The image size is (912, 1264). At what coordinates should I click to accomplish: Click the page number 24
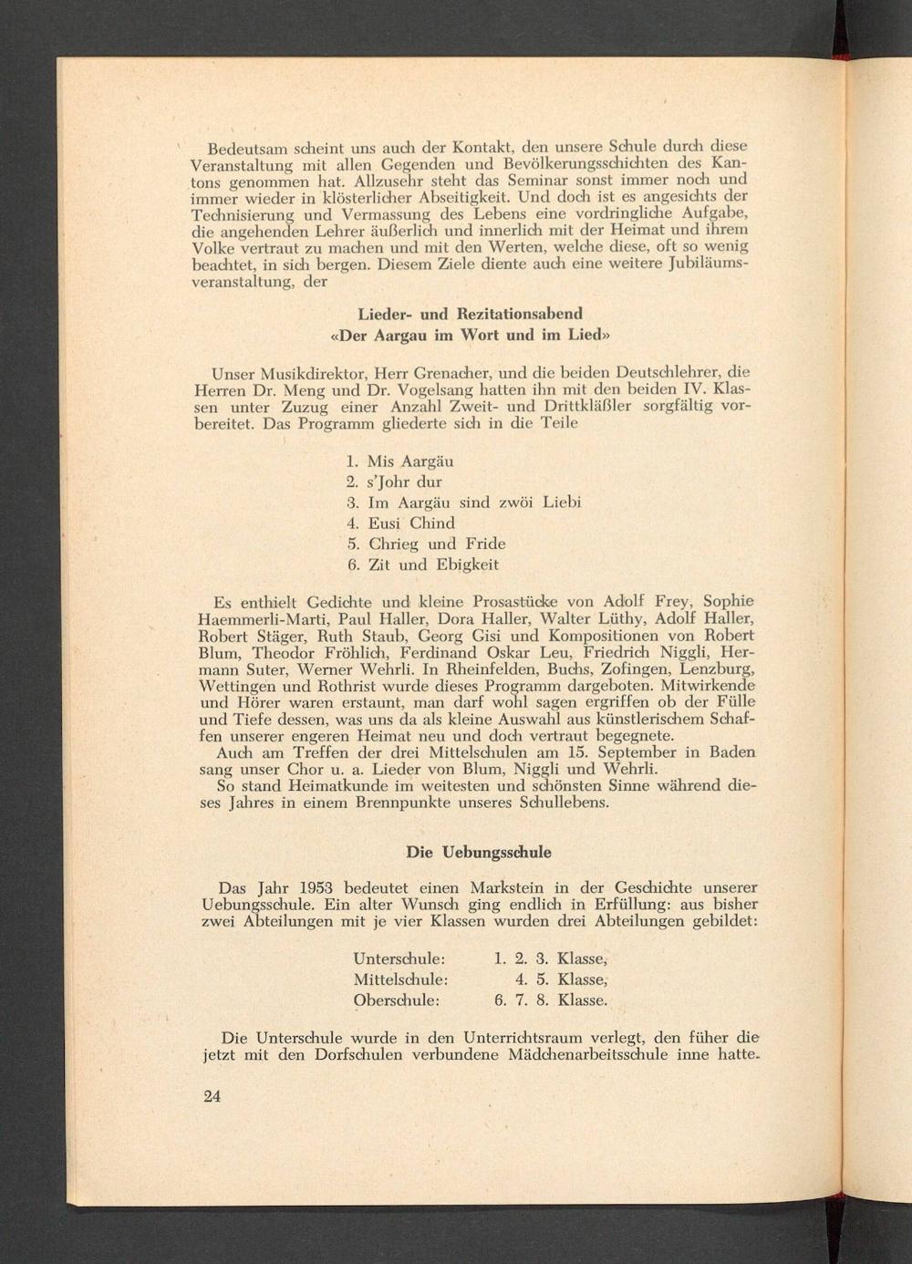coord(212,1096)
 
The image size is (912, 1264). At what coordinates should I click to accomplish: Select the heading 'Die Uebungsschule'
coord(478,853)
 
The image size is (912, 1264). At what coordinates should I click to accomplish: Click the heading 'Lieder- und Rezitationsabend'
coord(470,315)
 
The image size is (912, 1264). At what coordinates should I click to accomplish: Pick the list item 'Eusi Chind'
coord(410,523)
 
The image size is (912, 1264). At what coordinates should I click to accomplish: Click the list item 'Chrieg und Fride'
coord(436,544)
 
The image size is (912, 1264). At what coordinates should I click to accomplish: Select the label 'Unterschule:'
coord(399,958)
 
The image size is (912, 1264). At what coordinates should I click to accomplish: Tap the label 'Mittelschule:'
coord(400,979)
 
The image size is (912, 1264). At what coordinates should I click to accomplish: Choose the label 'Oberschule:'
coord(397,1000)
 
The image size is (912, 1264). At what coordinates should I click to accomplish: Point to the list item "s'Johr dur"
coord(404,482)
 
